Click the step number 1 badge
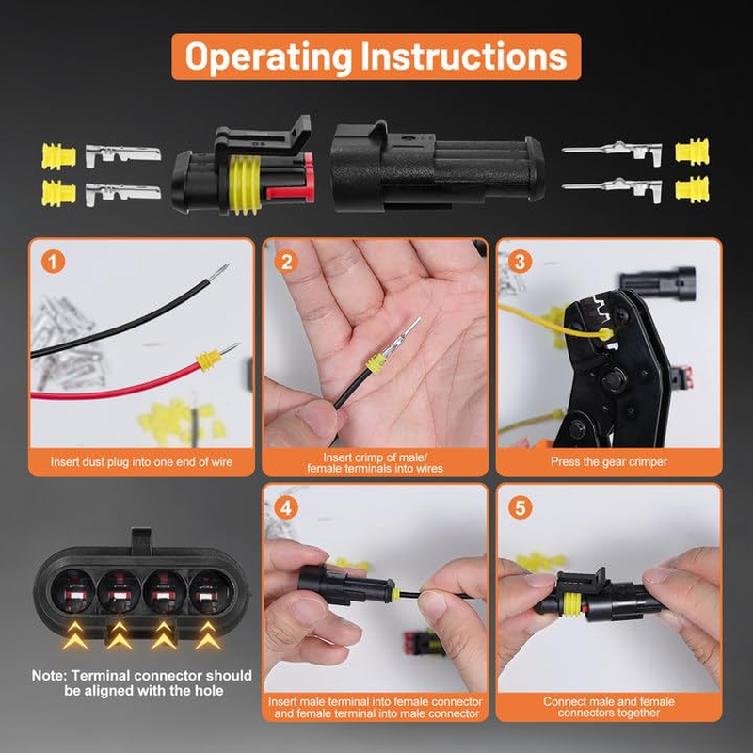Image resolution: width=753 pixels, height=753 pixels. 53,263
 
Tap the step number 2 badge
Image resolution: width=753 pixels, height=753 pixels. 287,263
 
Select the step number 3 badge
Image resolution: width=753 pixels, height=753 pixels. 521,263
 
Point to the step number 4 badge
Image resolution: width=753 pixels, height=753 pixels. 286,507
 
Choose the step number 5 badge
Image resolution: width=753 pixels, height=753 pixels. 521,507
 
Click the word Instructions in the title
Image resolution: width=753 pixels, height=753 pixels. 464,56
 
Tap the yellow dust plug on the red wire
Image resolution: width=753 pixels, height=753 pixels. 208,360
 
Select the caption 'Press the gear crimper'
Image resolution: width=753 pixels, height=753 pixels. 609,462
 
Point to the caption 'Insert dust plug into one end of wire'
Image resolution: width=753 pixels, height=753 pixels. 142,462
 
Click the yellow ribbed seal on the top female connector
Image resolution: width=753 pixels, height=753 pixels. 246,184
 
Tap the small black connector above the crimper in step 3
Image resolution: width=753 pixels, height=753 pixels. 657,283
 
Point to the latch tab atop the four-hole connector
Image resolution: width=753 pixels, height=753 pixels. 141,540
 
